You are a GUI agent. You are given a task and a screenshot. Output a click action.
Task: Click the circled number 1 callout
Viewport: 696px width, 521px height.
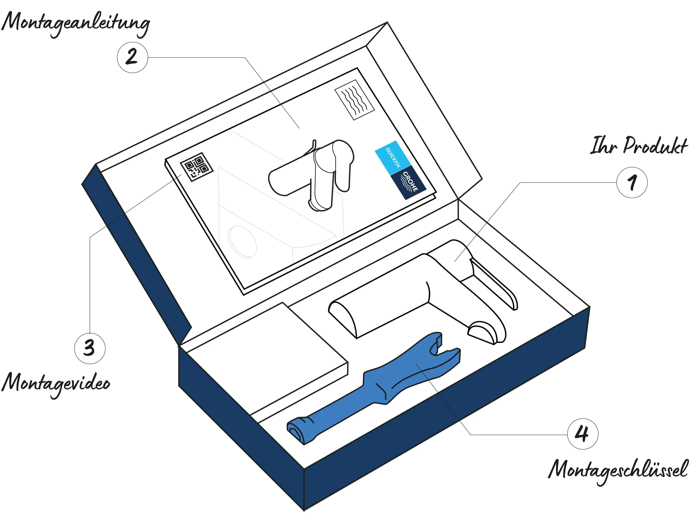(631, 182)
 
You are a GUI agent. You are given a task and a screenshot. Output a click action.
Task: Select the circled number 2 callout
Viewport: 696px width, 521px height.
(132, 57)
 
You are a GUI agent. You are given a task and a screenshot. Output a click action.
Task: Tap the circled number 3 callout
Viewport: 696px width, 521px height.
(90, 348)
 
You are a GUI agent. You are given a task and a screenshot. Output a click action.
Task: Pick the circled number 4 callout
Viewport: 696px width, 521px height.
(582, 433)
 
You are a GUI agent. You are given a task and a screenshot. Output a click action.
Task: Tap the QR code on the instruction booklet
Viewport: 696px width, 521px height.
(197, 166)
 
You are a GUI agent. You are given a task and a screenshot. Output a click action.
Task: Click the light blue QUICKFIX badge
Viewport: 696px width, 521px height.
(393, 157)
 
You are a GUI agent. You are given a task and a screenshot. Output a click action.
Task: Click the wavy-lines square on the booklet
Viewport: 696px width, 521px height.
(355, 99)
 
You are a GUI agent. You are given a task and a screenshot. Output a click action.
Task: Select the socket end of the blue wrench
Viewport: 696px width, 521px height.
(299, 431)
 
